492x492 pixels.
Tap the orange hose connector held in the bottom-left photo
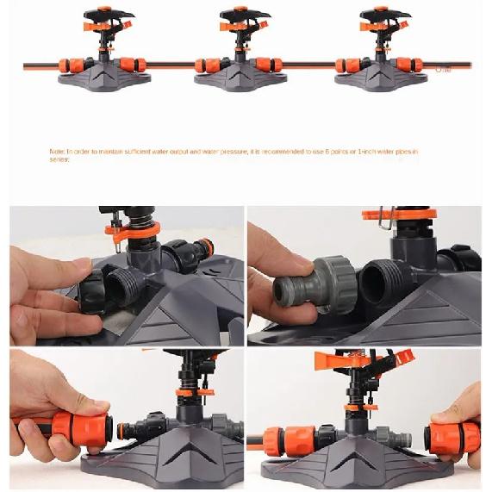click(x=78, y=424)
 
